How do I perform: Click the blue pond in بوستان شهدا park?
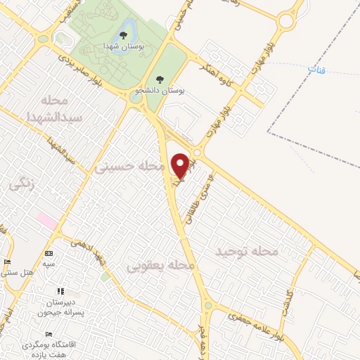click(x=126, y=32)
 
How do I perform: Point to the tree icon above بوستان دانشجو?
click(x=160, y=79)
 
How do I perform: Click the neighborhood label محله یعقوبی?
click(x=160, y=266)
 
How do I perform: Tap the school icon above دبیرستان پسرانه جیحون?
click(x=60, y=291)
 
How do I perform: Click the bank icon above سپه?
click(x=48, y=253)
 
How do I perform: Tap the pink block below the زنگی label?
click(x=48, y=221)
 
